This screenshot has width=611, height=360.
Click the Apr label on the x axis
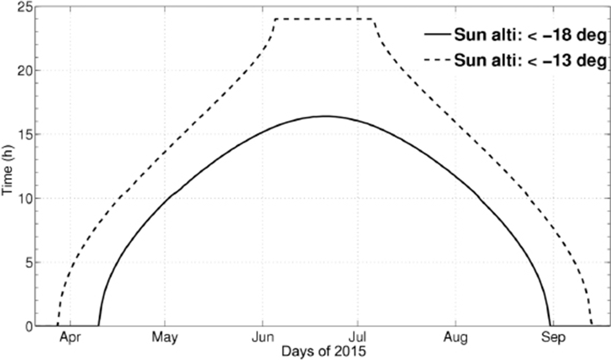click(70, 339)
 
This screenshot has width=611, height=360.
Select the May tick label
click(165, 339)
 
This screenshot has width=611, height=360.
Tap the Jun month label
click(261, 339)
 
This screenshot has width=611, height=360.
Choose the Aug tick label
click(455, 339)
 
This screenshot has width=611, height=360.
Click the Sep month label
click(553, 339)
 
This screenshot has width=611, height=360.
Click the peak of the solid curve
click(325, 116)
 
